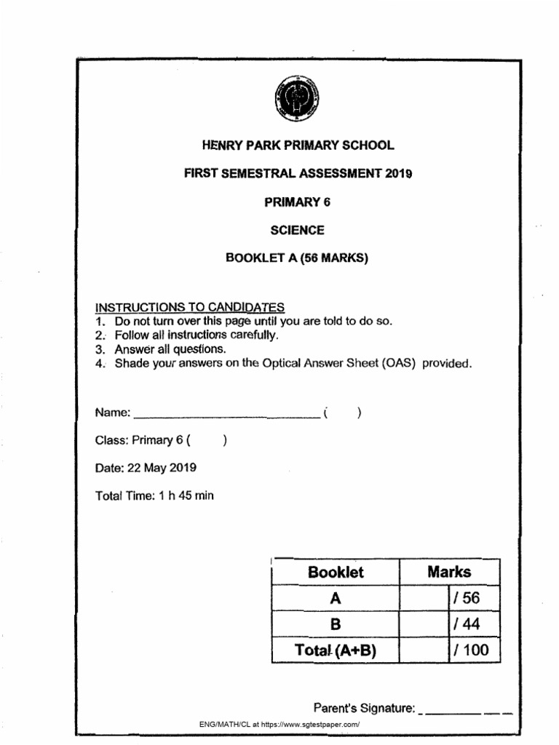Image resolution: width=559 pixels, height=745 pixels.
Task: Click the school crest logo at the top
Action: [298, 97]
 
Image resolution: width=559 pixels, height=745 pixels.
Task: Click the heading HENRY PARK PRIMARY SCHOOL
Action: [298, 146]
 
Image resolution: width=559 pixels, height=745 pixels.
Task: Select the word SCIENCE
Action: [298, 231]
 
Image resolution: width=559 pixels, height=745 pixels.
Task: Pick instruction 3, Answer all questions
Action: [165, 348]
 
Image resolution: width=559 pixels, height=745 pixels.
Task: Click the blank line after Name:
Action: [226, 414]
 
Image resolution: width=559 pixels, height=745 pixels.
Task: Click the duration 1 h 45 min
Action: [186, 495]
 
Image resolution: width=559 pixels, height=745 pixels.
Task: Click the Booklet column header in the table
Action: [336, 572]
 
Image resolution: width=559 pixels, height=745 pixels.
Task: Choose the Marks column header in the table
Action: [449, 572]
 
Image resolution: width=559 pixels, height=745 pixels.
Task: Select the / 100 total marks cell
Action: [469, 650]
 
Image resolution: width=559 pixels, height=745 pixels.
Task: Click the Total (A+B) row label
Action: [336, 650]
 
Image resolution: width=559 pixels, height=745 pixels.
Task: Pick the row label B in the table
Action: [336, 624]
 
